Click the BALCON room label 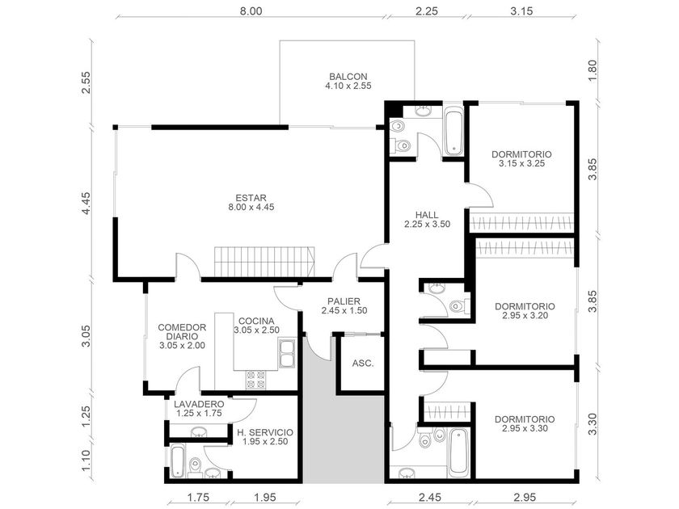pyautogui.click(x=348, y=81)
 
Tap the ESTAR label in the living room pyautogui.click(x=251, y=202)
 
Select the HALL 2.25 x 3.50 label pyautogui.click(x=427, y=219)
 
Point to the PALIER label pyautogui.click(x=344, y=305)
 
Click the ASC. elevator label pyautogui.click(x=363, y=364)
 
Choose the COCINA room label pyautogui.click(x=256, y=325)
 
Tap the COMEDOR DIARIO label pyautogui.click(x=182, y=336)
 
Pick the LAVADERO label pyautogui.click(x=199, y=409)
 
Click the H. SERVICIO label pyautogui.click(x=265, y=437)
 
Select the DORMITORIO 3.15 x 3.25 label pyautogui.click(x=522, y=158)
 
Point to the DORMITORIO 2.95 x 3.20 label pyautogui.click(x=525, y=311)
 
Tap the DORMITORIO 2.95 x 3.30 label pyautogui.click(x=525, y=423)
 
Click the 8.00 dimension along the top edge pyautogui.click(x=251, y=11)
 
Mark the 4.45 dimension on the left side pyautogui.click(x=86, y=204)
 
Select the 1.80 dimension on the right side pyautogui.click(x=593, y=70)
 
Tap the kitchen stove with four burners pyautogui.click(x=256, y=379)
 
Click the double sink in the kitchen pyautogui.click(x=287, y=354)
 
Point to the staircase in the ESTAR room pyautogui.click(x=264, y=262)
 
